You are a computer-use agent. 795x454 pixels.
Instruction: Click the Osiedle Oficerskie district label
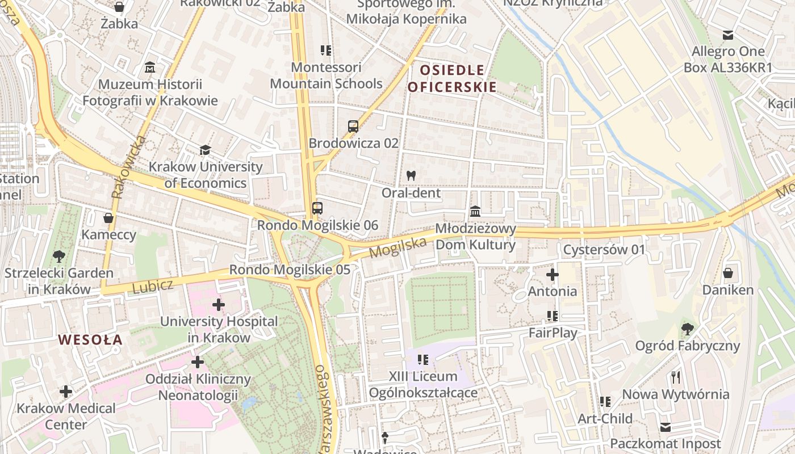pos(451,79)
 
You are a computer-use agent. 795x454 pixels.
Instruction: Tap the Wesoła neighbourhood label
pos(90,340)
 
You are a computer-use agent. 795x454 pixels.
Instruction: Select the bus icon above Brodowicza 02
pos(353,127)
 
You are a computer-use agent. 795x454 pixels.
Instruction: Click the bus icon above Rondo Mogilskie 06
pos(317,208)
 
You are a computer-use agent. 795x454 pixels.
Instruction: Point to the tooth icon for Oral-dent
pos(411,176)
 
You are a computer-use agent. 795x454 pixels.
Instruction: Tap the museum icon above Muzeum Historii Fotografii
pos(150,68)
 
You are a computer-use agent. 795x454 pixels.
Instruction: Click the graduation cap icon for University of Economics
pos(205,150)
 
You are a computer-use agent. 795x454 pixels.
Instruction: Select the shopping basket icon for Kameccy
pos(108,218)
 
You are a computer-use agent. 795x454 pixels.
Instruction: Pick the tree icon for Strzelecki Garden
pos(58,257)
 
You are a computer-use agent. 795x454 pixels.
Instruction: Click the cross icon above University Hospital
pos(219,305)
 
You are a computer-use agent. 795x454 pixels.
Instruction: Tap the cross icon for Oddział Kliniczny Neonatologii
pos(198,361)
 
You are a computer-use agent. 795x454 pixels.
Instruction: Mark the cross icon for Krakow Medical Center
pos(66,391)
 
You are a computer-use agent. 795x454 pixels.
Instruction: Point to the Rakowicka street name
pos(128,167)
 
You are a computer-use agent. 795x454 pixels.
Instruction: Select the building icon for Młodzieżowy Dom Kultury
pos(475,212)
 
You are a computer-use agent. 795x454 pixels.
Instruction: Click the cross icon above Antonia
pos(552,275)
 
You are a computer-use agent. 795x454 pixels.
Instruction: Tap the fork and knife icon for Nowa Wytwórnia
pos(675,377)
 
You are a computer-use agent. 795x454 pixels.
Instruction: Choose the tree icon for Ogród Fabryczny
pos(687,329)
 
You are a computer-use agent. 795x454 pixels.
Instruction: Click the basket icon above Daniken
pos(727,273)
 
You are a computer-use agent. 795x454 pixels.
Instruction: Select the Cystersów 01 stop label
pos(604,250)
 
